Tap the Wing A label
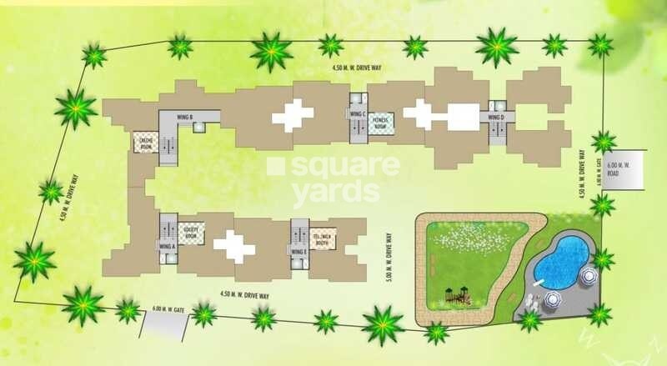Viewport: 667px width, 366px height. [168, 247]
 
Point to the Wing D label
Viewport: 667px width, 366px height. [496, 118]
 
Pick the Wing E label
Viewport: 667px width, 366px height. [298, 251]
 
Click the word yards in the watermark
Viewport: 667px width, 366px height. [331, 192]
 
